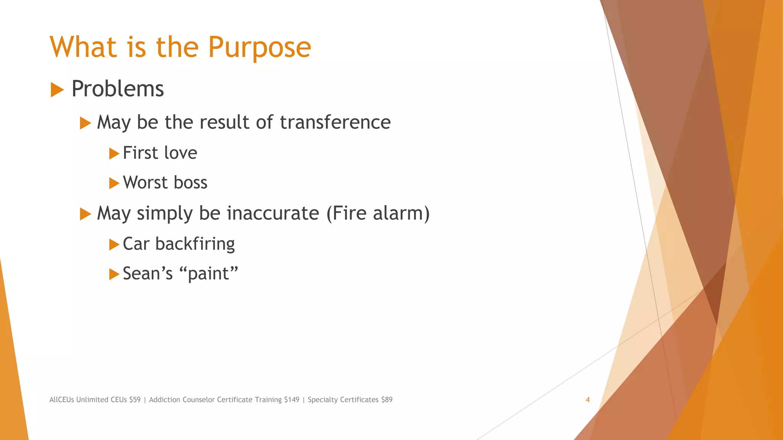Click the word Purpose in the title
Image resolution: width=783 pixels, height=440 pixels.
click(x=259, y=48)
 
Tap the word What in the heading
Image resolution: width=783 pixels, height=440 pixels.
click(x=83, y=47)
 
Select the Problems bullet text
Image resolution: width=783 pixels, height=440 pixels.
click(x=117, y=89)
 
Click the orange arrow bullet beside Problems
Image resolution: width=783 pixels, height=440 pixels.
click(x=57, y=90)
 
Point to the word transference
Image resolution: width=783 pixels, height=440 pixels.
click(x=335, y=122)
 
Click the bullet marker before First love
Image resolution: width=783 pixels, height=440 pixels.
click(x=114, y=154)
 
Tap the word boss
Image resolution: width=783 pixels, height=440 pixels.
click(x=190, y=183)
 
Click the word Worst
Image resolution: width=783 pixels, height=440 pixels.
click(x=145, y=183)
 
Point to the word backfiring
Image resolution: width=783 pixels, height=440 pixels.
click(x=195, y=244)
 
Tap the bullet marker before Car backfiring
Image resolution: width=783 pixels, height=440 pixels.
click(x=114, y=244)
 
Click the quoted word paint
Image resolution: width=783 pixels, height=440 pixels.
click(x=208, y=274)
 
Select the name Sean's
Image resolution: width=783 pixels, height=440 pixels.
click(x=148, y=273)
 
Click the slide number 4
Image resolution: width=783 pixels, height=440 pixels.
click(x=588, y=400)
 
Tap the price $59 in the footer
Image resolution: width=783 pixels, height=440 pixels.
click(x=135, y=400)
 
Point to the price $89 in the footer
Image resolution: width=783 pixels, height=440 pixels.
click(x=387, y=400)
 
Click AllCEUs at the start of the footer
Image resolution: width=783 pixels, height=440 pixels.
click(x=62, y=400)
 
